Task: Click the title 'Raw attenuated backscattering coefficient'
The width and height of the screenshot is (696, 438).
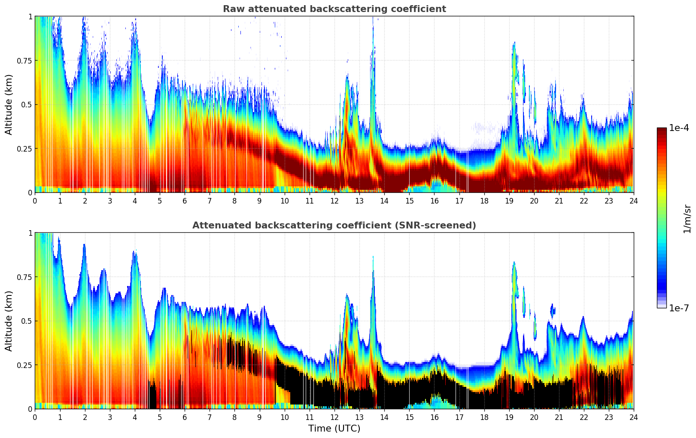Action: pos(334,9)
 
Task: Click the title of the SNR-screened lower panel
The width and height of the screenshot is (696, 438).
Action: pos(334,225)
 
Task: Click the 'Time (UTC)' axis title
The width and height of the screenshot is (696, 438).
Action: pos(334,428)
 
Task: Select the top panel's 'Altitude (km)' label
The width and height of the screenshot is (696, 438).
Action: pos(9,104)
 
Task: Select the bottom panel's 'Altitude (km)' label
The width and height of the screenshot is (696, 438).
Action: pos(9,321)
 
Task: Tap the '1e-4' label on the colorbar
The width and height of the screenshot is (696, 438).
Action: pos(679,128)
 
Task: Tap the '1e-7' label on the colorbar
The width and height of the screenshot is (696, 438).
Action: pos(679,308)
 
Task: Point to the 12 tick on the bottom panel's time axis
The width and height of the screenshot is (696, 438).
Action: pos(334,417)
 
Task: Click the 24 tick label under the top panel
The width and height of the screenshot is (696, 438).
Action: pos(634,201)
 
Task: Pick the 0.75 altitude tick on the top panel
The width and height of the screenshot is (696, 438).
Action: pos(24,61)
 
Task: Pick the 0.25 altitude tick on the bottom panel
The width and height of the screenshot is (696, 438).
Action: pos(24,365)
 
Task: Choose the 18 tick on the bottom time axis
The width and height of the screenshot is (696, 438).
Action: pos(484,417)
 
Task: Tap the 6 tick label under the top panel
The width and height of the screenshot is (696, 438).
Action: pos(185,201)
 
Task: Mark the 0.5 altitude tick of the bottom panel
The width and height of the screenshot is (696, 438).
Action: pos(27,321)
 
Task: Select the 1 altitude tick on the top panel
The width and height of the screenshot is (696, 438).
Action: pos(30,16)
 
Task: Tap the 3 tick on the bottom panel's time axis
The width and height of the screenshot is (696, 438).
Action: pos(110,417)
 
